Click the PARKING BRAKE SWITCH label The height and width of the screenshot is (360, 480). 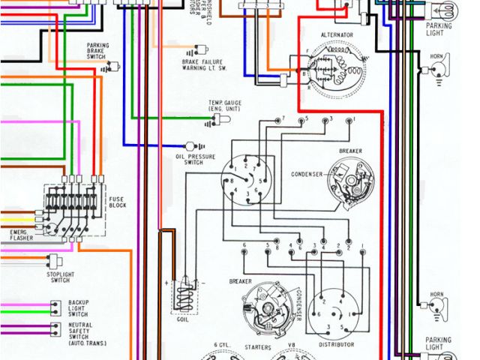(x=97, y=51)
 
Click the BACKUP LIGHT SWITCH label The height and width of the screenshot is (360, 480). (x=77, y=307)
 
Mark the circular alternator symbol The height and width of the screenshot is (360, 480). (x=333, y=70)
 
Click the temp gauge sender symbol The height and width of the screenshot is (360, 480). (x=221, y=120)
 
